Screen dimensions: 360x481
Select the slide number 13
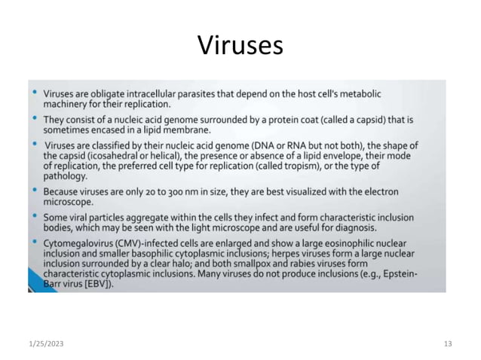click(448, 343)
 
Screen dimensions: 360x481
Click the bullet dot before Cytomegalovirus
click(35, 243)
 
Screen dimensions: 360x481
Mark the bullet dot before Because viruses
click(35, 191)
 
